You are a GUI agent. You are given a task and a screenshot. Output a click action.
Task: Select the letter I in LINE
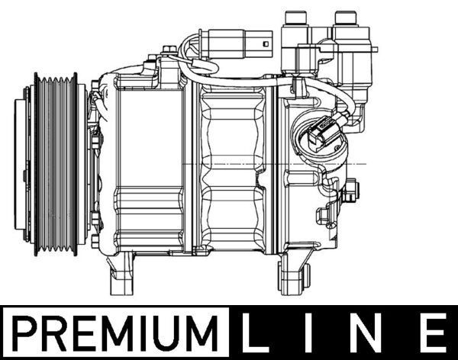(316, 334)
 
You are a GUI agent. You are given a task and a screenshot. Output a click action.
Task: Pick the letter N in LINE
(372, 334)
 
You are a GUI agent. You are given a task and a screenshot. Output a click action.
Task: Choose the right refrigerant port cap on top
(345, 18)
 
